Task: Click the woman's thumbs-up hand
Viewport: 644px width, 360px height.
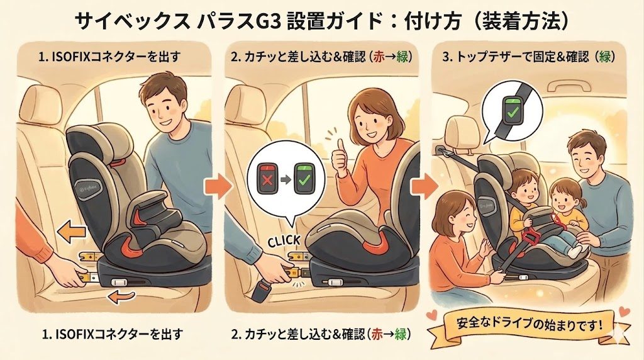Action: pos(340,158)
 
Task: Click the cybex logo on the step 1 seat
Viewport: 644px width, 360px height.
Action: pos(84,187)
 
